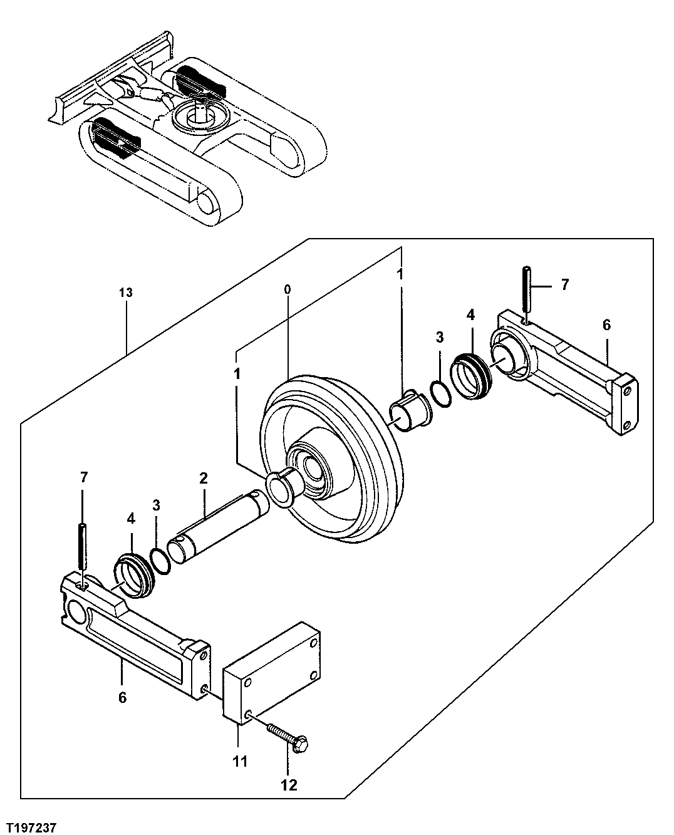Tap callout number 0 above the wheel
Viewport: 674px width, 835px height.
pos(287,289)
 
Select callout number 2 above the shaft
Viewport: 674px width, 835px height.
pos(203,479)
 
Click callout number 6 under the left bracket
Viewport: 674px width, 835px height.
pos(122,697)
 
